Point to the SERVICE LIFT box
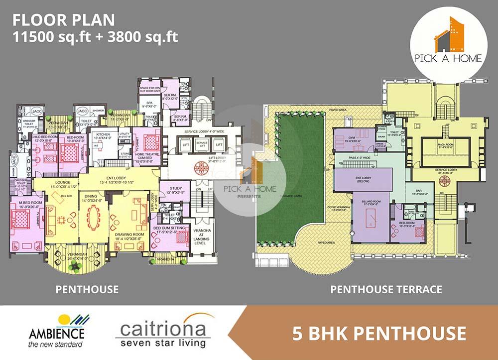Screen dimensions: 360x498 202,144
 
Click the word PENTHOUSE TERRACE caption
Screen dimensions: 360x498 386,289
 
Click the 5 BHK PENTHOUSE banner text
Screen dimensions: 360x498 373,332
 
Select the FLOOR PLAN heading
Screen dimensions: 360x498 63,20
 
